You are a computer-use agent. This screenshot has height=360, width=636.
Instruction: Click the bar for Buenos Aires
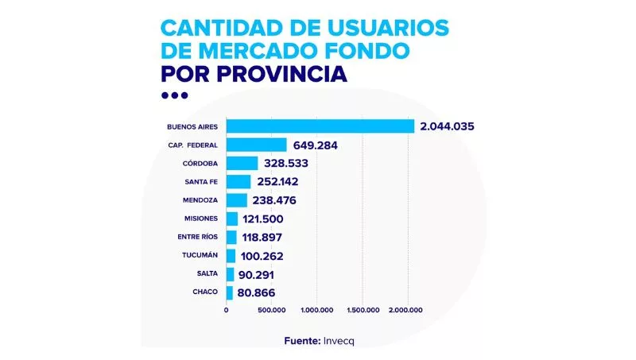point(320,126)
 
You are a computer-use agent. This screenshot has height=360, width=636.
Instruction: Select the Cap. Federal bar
point(256,145)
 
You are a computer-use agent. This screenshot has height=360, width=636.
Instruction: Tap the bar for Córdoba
point(242,163)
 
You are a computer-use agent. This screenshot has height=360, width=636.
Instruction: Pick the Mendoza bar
point(237,200)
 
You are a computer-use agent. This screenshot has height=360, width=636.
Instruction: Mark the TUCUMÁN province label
point(200,256)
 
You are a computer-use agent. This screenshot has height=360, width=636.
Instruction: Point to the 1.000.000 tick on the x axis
point(317,310)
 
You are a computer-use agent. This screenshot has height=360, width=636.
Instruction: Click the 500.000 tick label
point(270,310)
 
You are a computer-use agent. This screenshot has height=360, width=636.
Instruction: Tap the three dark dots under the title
point(174,95)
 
